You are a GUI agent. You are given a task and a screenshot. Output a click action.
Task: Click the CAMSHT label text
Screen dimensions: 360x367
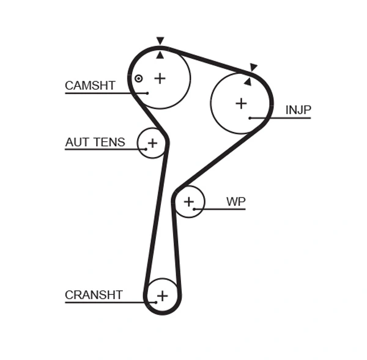click(90, 86)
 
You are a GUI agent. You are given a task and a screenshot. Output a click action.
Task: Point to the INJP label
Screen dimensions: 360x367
click(298, 110)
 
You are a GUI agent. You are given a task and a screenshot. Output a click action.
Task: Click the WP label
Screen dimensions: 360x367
click(235, 201)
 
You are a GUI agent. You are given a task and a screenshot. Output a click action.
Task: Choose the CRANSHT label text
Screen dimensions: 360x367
click(94, 295)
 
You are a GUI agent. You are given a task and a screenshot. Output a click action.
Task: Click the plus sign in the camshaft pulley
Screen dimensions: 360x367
click(160, 78)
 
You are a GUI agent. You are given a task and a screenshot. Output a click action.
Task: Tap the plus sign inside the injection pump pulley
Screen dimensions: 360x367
click(241, 103)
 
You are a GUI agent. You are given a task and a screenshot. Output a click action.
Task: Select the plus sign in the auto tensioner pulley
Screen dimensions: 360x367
click(152, 143)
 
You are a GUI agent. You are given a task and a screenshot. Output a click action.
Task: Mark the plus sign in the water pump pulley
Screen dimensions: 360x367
click(189, 201)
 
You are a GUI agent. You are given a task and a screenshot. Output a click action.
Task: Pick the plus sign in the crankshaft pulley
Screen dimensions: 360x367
click(162, 296)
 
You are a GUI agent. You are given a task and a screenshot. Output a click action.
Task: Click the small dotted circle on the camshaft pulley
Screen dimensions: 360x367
click(139, 78)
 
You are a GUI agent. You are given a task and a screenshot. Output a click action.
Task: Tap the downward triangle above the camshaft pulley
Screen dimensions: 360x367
click(160, 41)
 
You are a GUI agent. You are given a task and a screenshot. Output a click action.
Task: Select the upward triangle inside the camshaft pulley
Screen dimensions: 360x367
click(160, 55)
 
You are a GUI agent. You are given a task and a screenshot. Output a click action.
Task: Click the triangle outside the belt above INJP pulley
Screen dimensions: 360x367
click(253, 67)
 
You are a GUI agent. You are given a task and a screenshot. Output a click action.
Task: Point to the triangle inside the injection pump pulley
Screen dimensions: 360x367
click(247, 81)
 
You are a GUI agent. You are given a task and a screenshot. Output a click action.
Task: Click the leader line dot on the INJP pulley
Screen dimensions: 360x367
click(250, 118)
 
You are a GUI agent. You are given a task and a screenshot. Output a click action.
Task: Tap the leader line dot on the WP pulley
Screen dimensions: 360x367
click(194, 209)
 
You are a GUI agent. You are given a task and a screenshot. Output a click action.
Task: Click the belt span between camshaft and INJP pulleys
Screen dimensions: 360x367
click(208, 61)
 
